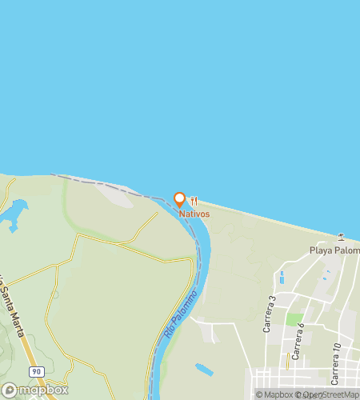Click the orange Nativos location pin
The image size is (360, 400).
[x=179, y=200]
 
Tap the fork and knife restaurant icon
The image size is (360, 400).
[x=194, y=201]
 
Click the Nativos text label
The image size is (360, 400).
[x=194, y=214]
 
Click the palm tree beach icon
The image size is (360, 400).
[x=342, y=236]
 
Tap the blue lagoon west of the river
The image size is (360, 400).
[x=14, y=214]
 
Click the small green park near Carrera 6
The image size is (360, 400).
[x=294, y=319]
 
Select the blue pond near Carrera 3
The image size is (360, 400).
[x=282, y=278]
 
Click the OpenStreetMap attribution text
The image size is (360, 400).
[x=329, y=394]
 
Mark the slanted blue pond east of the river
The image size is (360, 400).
[x=204, y=370]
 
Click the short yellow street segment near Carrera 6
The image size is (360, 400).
[x=287, y=362]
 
